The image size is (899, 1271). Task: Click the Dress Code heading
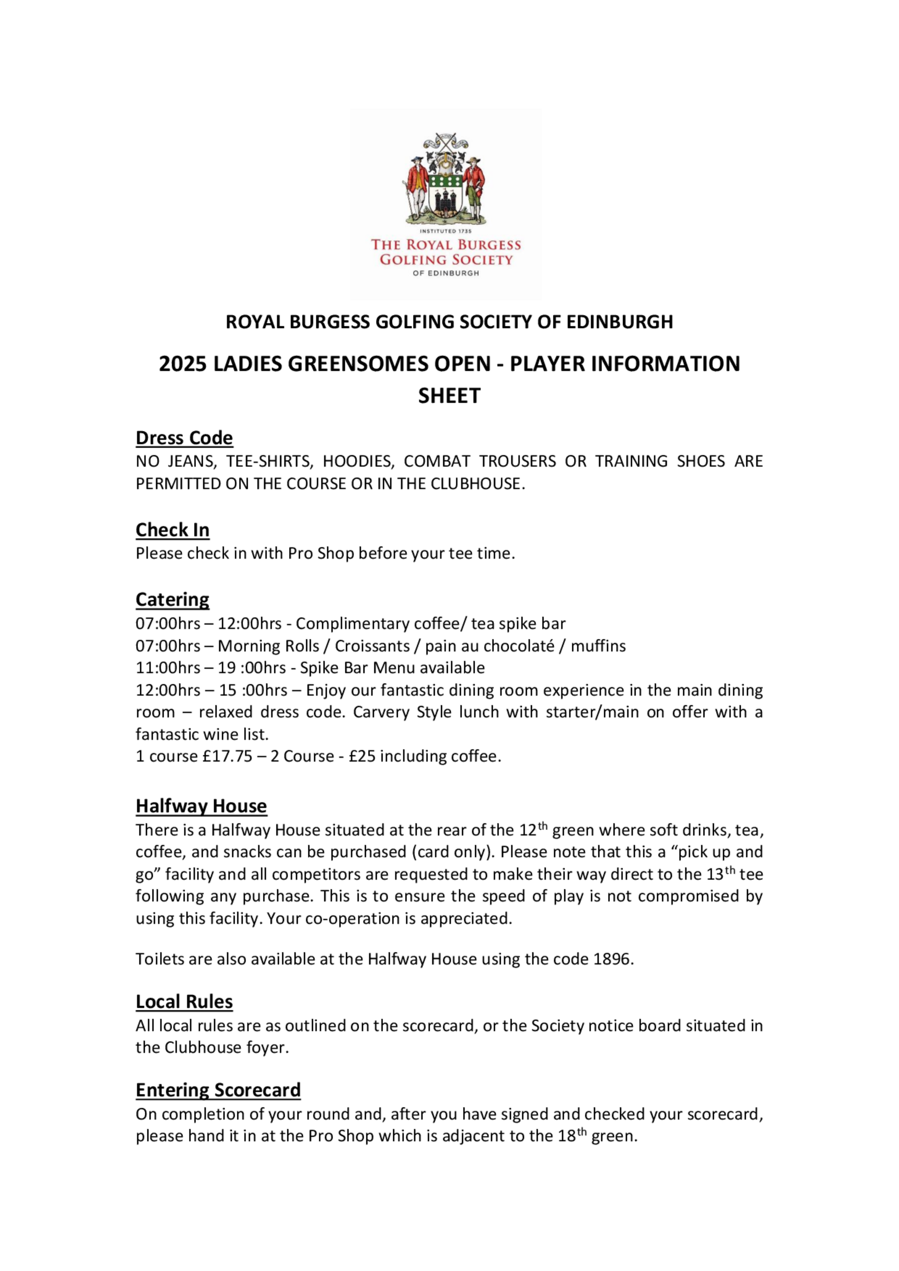coord(184,438)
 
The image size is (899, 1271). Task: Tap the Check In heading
coord(172,530)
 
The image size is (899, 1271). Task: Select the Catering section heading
coord(172,599)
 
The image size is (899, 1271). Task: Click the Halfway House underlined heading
coord(201,806)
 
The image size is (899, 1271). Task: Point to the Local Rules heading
coord(184,1001)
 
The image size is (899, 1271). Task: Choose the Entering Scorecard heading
coord(218,1089)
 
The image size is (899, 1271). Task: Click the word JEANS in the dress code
coord(191,461)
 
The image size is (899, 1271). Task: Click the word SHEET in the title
coord(449,396)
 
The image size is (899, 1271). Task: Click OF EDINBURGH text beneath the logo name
coord(446,273)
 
